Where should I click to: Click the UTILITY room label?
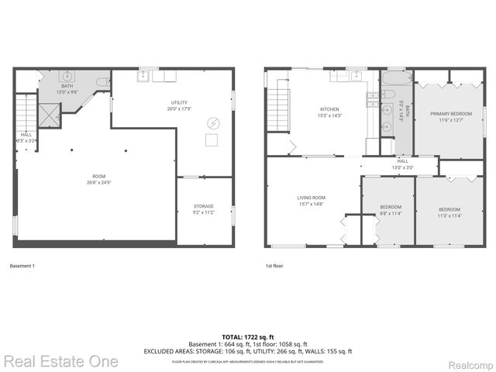179,102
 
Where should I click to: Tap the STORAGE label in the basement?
204,206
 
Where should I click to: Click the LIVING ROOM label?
312,198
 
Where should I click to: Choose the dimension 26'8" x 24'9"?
99,182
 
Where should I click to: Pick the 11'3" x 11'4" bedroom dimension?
449,216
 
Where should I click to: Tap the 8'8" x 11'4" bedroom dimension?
390,213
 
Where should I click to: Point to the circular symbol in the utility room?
213,122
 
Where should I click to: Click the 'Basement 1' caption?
22,267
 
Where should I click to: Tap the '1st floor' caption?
274,267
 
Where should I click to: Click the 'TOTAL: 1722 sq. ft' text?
247,336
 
